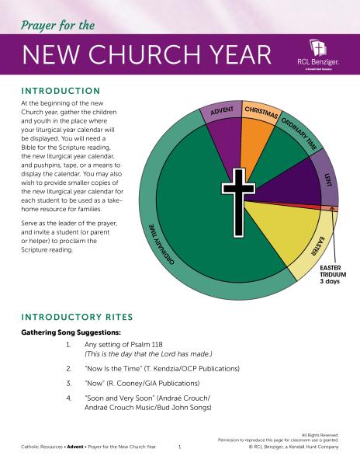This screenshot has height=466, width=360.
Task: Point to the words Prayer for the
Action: coord(59,26)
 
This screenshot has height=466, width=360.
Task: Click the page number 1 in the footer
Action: coord(179,447)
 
